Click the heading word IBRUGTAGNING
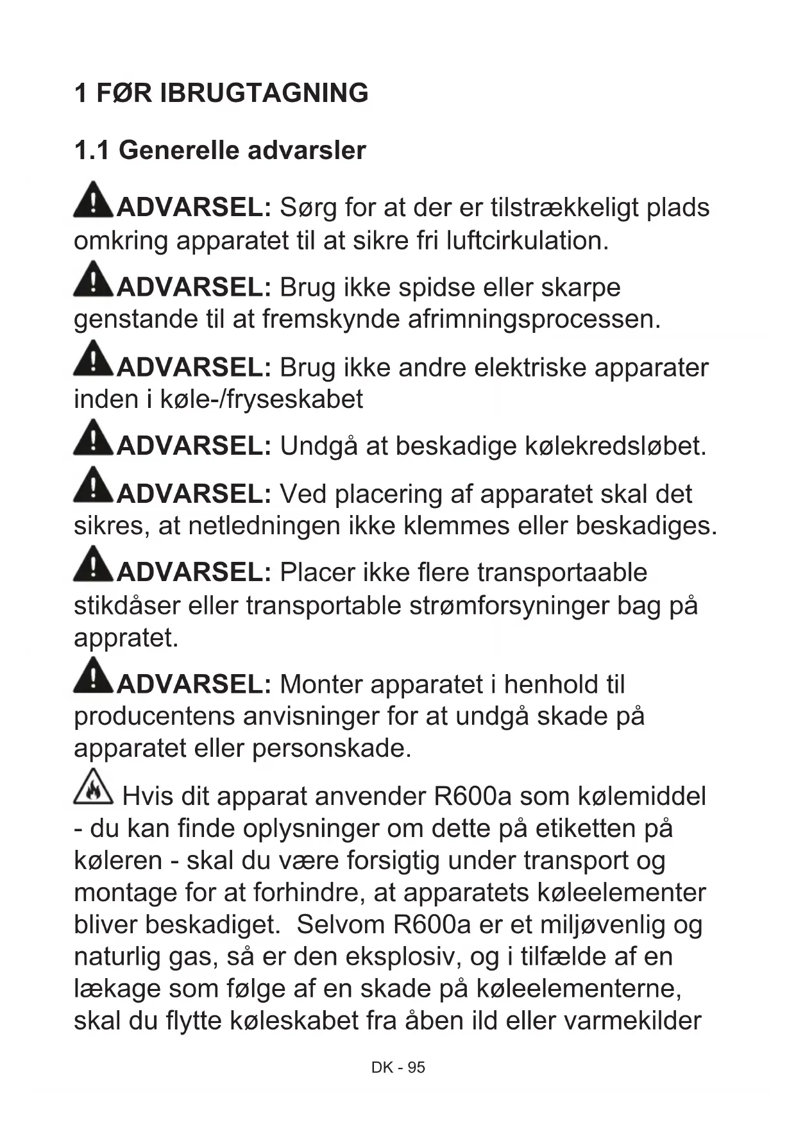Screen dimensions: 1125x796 (x=264, y=94)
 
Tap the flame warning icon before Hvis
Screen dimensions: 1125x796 (x=93, y=788)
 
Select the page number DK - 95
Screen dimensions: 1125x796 (x=398, y=1067)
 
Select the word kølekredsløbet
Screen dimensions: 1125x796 (x=615, y=446)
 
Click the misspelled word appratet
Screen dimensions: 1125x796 (x=126, y=638)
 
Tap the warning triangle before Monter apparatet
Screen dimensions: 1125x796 (x=94, y=675)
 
